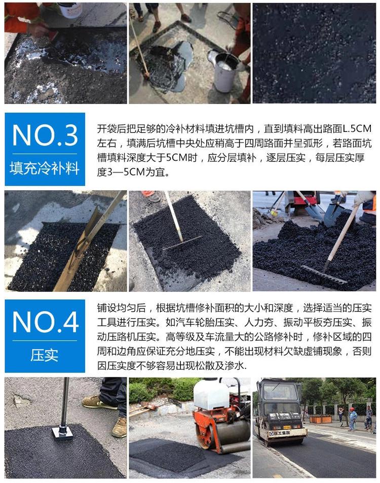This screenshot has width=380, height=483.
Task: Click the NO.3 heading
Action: pyautogui.click(x=45, y=135)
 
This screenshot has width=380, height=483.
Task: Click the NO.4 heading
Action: pyautogui.click(x=45, y=322)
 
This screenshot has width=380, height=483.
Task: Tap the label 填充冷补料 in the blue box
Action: pyautogui.click(x=45, y=168)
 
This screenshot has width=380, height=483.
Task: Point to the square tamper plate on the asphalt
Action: pyautogui.click(x=63, y=433)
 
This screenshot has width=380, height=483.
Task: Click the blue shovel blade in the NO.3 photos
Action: pyautogui.click(x=333, y=213)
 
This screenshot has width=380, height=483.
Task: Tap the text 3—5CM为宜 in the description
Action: pyautogui.click(x=133, y=171)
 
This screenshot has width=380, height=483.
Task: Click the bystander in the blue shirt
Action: pyautogui.click(x=352, y=419)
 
